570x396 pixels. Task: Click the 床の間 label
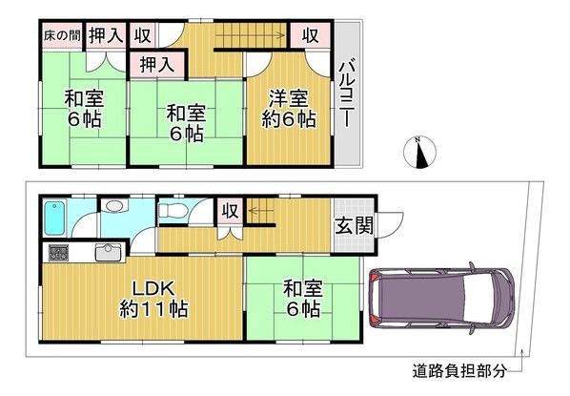[x=60, y=36]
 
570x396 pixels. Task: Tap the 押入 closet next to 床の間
[x=104, y=36]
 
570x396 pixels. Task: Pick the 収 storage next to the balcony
[x=310, y=35]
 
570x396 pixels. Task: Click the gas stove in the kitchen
[x=58, y=253]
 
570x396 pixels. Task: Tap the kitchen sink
[x=106, y=253]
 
